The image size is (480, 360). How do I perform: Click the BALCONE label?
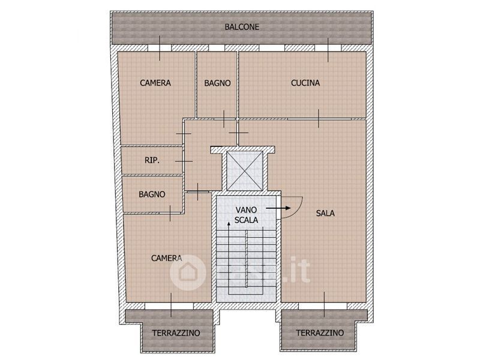click(x=242, y=27)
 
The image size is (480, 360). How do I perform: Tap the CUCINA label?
click(x=305, y=83)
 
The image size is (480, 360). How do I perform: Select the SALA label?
click(x=325, y=213)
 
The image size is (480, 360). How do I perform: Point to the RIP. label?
click(x=152, y=160)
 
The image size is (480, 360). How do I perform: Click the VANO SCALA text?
click(x=246, y=215)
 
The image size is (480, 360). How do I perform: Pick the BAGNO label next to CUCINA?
click(x=217, y=83)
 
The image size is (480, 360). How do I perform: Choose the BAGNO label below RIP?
click(x=152, y=194)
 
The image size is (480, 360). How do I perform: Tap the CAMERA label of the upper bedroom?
click(x=155, y=83)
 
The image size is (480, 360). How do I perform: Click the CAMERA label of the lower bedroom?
click(x=167, y=258)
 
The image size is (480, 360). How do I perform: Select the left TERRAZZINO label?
click(x=176, y=333)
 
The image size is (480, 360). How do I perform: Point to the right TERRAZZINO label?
click(x=320, y=333)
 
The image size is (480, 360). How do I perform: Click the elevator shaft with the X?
click(x=245, y=171)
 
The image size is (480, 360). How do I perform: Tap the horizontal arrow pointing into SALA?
click(x=278, y=208)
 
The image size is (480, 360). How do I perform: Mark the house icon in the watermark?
click(x=188, y=272)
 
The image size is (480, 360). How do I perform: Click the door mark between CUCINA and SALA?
click(x=319, y=118)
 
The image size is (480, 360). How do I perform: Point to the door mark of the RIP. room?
click(x=184, y=161)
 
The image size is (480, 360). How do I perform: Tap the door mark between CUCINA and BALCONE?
click(x=328, y=50)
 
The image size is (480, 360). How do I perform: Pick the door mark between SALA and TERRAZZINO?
click(x=324, y=305)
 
